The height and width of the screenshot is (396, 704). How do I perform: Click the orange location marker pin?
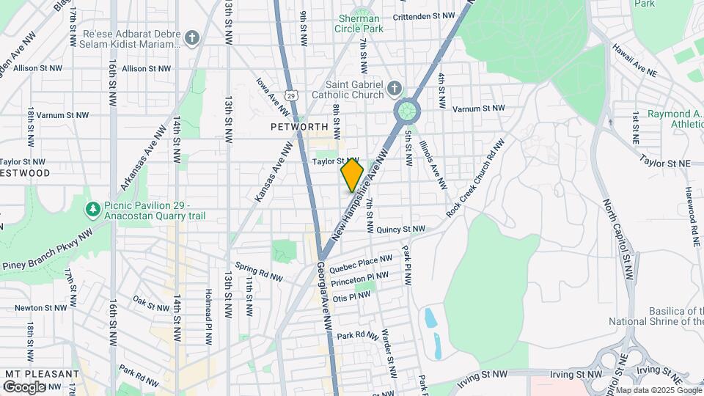(x=352, y=175)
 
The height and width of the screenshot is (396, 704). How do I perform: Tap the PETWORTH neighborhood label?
(x=298, y=127)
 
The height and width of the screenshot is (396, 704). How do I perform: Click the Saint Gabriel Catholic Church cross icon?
(x=395, y=89)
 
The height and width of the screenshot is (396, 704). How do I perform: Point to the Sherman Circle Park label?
(x=359, y=23)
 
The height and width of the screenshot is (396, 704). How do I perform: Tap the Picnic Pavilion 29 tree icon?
(x=93, y=210)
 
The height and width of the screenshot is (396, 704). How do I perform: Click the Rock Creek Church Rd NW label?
(x=475, y=180)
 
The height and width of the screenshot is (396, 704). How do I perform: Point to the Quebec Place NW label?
(x=361, y=263)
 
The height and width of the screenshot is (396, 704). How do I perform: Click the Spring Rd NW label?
(x=259, y=272)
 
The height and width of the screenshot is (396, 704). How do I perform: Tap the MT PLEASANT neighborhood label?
(x=41, y=374)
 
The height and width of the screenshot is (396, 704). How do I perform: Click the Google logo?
(x=24, y=386)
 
